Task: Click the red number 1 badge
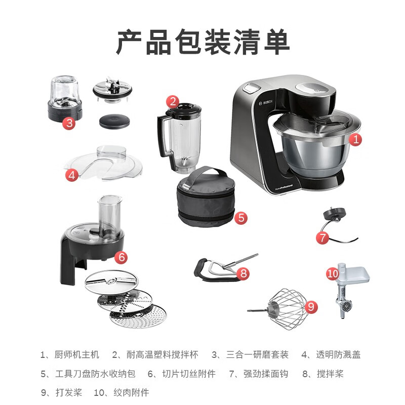[x=355, y=140]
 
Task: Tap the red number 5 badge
[x=241, y=218]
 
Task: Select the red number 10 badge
[x=333, y=273]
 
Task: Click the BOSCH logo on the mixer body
[x=266, y=103]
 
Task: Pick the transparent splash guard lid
[x=103, y=163]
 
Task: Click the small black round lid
[x=114, y=121]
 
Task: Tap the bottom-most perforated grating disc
[x=138, y=316]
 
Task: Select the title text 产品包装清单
[x=202, y=42]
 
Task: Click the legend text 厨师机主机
[x=77, y=354]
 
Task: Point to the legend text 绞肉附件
[x=131, y=393]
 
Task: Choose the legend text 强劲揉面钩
[x=266, y=374]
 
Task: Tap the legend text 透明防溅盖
[x=338, y=354]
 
